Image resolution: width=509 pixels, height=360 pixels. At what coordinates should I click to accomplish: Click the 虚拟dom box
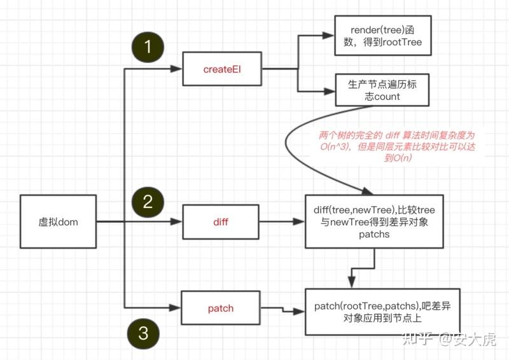58,221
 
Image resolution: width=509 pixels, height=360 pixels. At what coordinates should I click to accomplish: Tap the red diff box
220,223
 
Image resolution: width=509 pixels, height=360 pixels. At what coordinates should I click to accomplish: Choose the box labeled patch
220,308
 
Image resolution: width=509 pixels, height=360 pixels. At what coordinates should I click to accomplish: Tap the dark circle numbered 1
148,47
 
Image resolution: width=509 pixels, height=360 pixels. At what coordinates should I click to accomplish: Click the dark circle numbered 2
148,202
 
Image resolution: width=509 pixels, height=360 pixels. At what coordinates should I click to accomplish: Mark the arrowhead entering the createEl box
178,69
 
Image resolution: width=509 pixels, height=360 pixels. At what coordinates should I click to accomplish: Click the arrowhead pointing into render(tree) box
330,36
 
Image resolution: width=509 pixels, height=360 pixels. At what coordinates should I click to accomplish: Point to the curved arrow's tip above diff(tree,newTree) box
368,191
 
